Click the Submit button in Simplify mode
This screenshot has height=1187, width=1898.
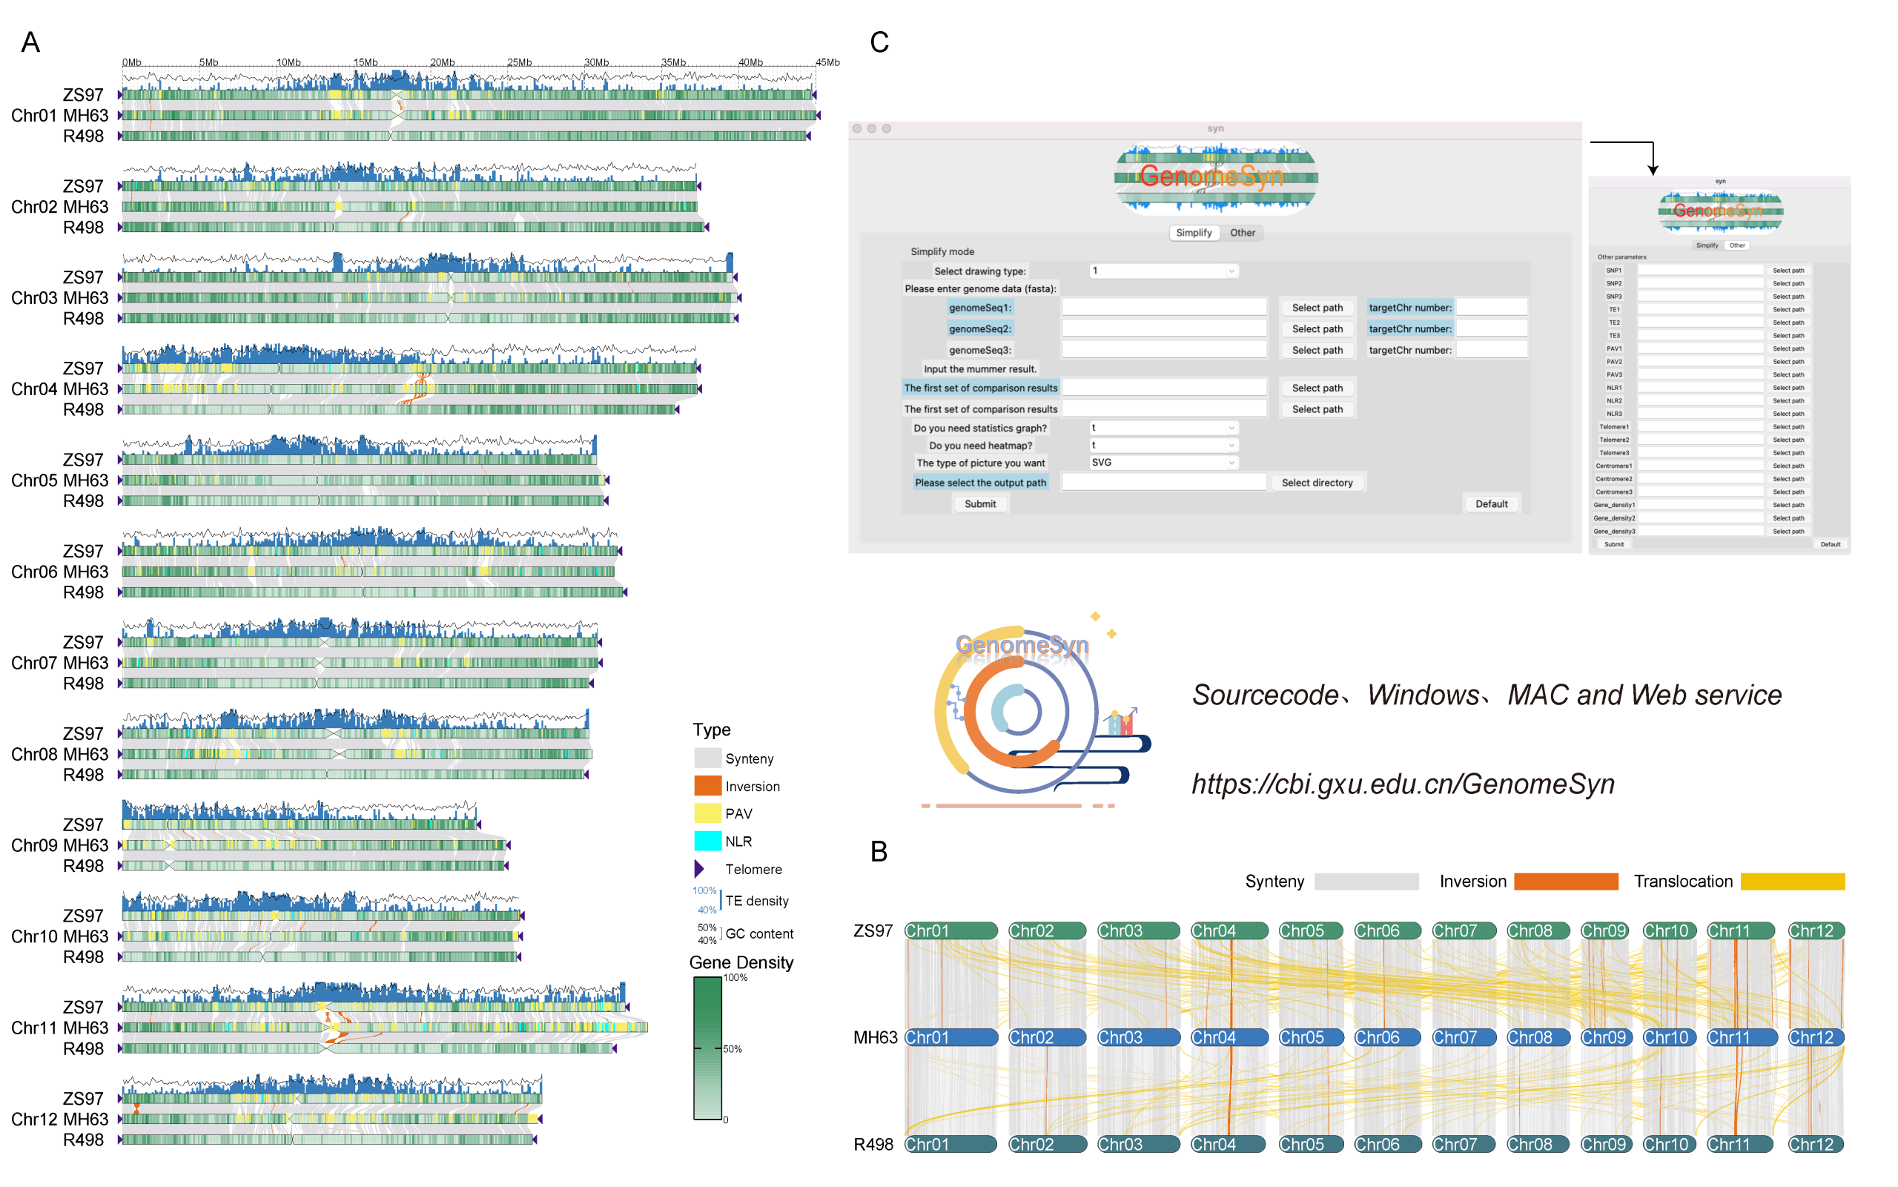click(979, 504)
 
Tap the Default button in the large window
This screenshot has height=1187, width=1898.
click(1491, 504)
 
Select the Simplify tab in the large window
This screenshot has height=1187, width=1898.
click(1193, 233)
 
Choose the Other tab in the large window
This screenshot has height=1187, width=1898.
click(1242, 233)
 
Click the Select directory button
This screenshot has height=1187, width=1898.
click(1316, 483)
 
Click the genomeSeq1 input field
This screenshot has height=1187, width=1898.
click(1163, 308)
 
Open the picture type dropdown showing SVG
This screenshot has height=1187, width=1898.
click(1163, 463)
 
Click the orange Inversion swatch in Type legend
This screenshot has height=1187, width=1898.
click(707, 786)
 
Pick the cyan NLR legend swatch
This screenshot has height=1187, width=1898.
click(707, 841)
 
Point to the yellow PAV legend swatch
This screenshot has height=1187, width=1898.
click(707, 813)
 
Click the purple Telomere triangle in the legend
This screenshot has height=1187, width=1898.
click(698, 869)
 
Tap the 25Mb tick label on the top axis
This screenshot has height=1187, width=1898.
click(519, 63)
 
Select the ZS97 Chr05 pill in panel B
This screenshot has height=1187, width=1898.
click(1309, 931)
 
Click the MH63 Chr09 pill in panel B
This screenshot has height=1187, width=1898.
click(1605, 1038)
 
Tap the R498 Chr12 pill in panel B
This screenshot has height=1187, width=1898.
click(1815, 1145)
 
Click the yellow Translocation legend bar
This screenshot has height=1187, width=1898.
click(1792, 882)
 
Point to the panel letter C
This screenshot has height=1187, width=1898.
click(879, 42)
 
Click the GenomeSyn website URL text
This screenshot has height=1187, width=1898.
click(1403, 784)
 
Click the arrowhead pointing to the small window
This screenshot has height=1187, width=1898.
click(1653, 170)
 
